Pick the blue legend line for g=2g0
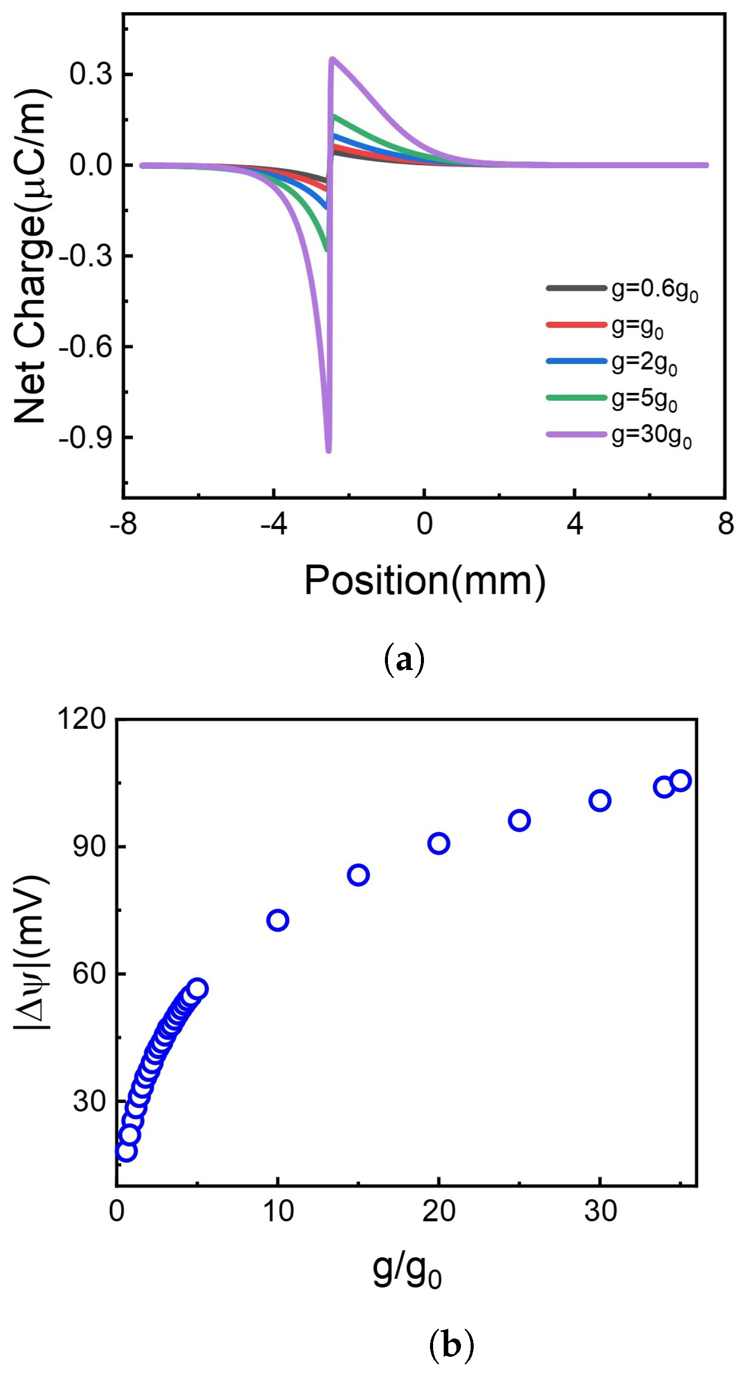(576, 361)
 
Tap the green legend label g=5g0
(645, 399)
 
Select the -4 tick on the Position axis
(273, 524)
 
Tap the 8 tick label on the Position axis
(725, 524)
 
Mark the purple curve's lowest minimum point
(328, 451)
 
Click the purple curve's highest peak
(332, 59)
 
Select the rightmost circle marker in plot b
(680, 781)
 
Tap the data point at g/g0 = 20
(439, 843)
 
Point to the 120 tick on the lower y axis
(82, 719)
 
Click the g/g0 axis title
(406, 1271)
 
